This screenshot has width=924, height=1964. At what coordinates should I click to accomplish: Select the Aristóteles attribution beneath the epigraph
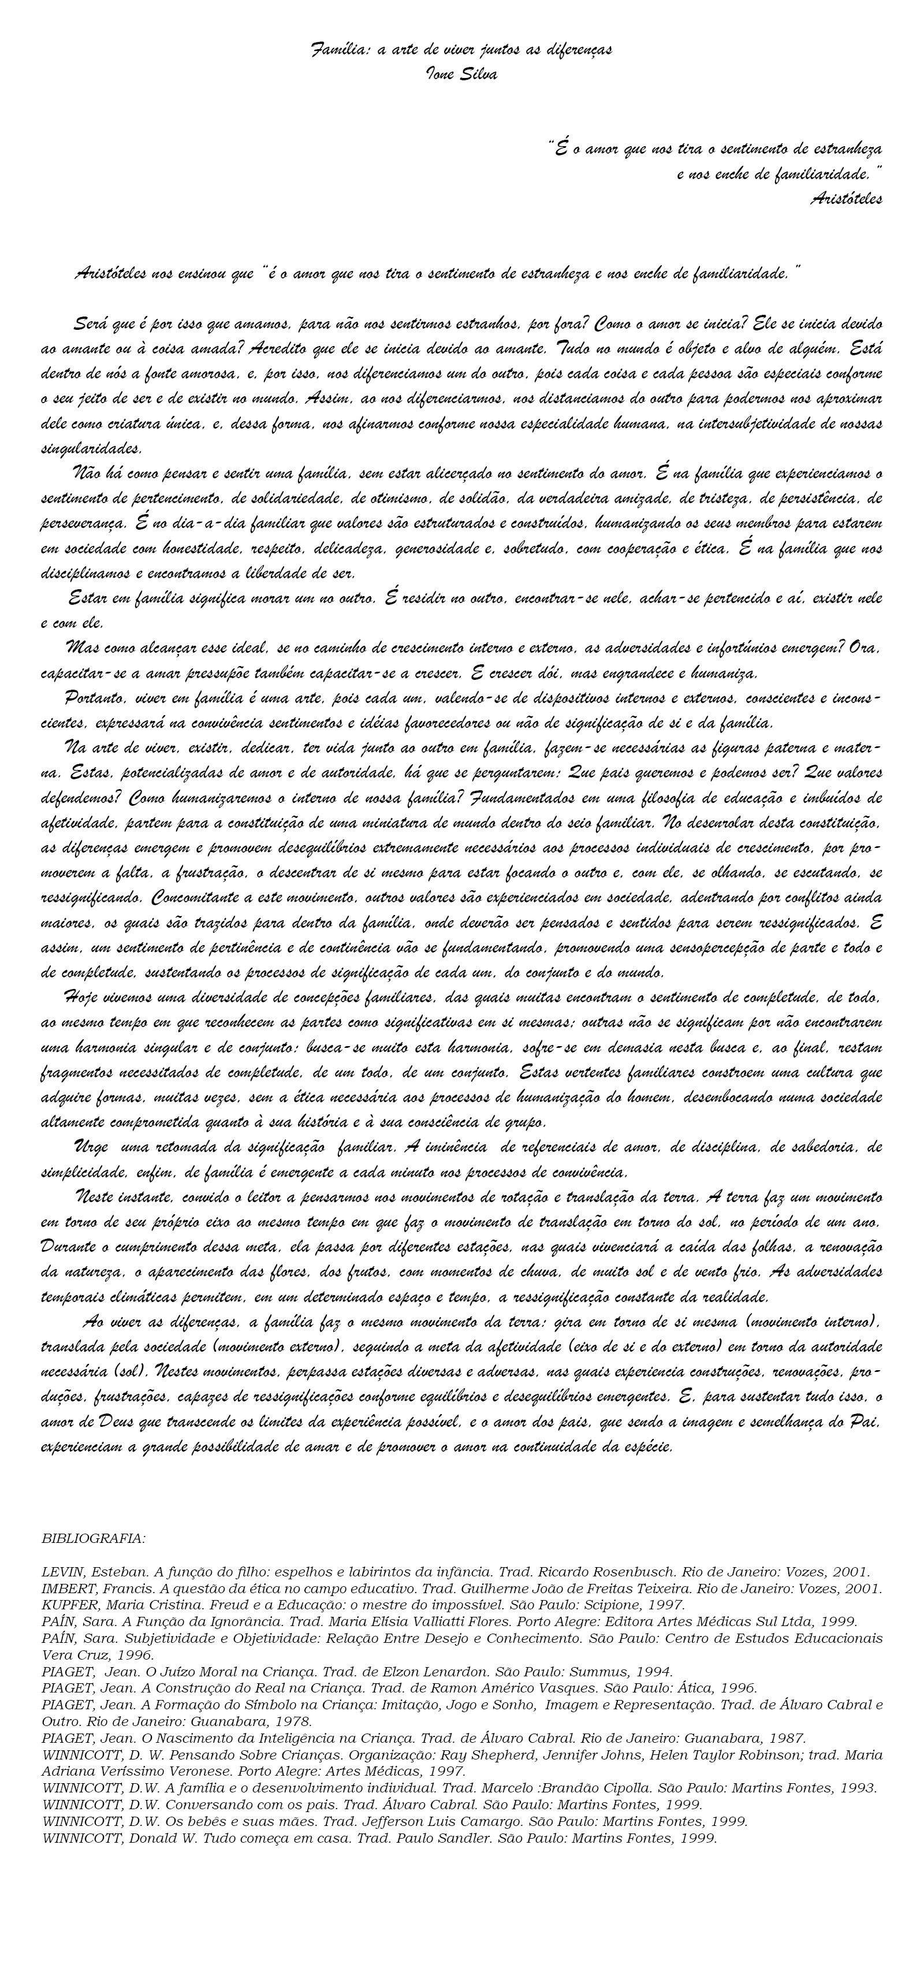tap(846, 199)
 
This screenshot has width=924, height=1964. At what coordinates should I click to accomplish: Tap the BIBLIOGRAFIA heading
tap(93, 1539)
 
